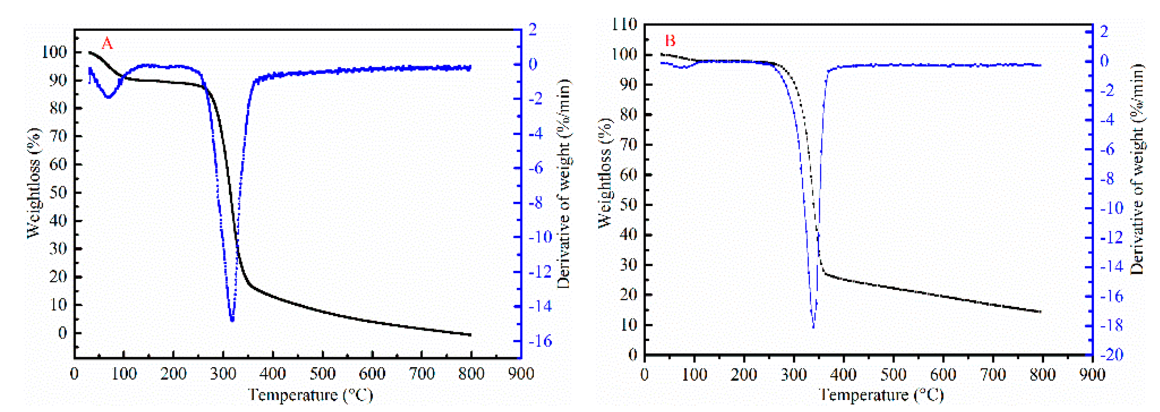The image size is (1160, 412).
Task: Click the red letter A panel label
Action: click(x=107, y=44)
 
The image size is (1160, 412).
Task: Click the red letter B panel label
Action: click(x=670, y=41)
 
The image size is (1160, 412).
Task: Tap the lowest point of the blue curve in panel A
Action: click(x=232, y=320)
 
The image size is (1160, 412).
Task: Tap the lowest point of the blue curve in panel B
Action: click(x=813, y=327)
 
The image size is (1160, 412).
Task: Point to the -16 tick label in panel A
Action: click(x=540, y=341)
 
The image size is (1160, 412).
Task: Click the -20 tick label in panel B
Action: click(x=1111, y=354)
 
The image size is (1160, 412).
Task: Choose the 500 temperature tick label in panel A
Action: click(x=322, y=374)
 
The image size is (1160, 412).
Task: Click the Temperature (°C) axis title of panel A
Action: click(x=311, y=395)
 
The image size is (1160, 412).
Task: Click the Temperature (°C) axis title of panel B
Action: click(x=881, y=395)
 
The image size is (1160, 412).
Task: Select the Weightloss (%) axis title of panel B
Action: click(x=606, y=173)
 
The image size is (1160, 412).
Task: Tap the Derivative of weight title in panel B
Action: click(x=1138, y=169)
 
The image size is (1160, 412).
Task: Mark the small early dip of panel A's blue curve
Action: click(x=108, y=97)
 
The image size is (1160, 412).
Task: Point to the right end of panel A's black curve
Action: click(x=471, y=335)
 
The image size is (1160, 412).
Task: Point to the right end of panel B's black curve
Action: click(x=1040, y=311)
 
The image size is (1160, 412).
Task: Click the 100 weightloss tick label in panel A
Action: click(x=54, y=52)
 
